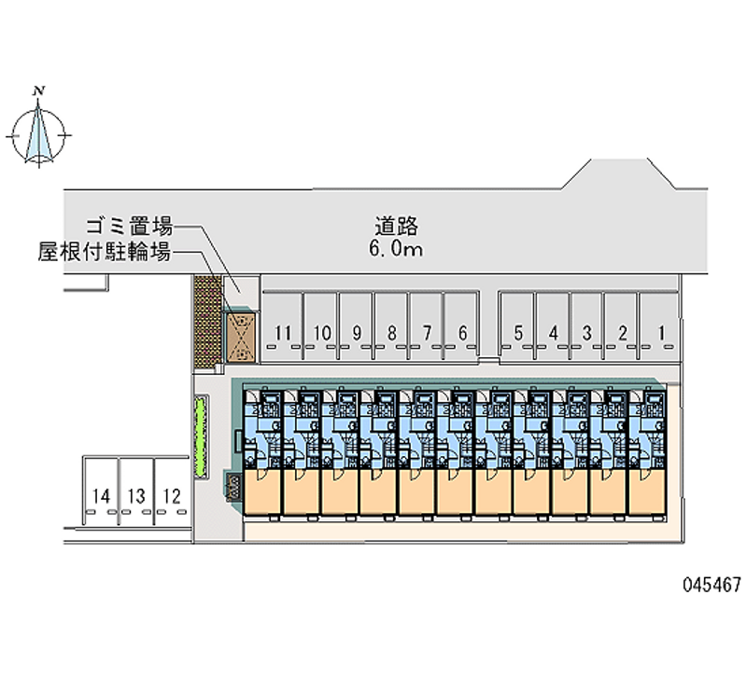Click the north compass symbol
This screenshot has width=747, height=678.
click(x=38, y=134)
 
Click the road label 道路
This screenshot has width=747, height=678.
click(x=396, y=226)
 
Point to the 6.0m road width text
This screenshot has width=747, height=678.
click(x=396, y=249)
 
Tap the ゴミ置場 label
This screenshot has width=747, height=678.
click(x=129, y=227)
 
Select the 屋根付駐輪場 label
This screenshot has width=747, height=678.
click(x=105, y=252)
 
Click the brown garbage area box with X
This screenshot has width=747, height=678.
click(x=241, y=337)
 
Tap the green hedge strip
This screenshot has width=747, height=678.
click(x=201, y=436)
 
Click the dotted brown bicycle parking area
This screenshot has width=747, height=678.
click(x=207, y=322)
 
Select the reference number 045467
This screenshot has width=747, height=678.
click(x=712, y=584)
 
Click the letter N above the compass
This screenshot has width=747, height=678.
click(x=39, y=90)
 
